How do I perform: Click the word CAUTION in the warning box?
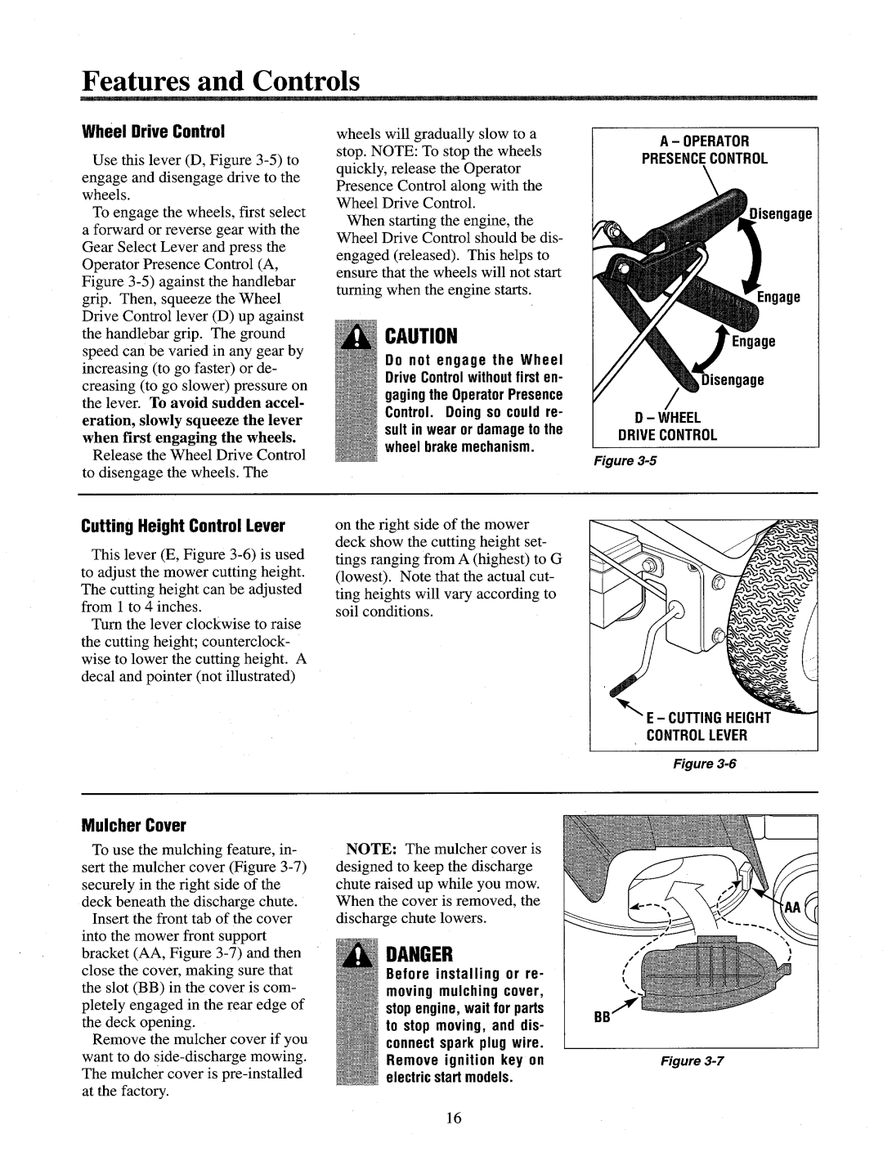[x=418, y=337]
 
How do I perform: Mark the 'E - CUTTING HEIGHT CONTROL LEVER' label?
[x=710, y=726]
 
